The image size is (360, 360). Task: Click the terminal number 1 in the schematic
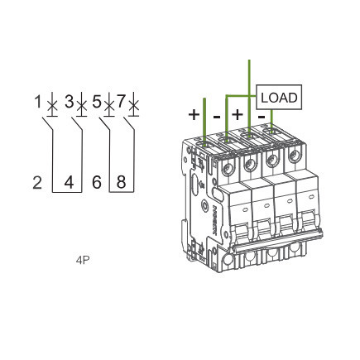(x=38, y=101)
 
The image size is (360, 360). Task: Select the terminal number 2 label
(x=37, y=183)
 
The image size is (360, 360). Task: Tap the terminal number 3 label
(x=70, y=101)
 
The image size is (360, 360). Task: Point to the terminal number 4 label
(x=69, y=183)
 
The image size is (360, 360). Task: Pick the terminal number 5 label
(x=97, y=101)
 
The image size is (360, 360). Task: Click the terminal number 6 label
(x=97, y=183)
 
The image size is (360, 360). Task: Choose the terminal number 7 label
(x=122, y=101)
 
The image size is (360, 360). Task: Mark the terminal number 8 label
(x=122, y=182)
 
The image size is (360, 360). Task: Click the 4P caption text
(x=83, y=261)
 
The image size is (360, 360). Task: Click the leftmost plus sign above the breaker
(x=194, y=114)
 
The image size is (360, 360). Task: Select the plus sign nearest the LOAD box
(x=238, y=114)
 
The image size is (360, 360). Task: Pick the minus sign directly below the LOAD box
(x=262, y=117)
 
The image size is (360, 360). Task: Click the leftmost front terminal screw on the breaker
(x=228, y=168)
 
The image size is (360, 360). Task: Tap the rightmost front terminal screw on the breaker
(x=294, y=155)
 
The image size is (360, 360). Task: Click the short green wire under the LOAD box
(x=271, y=121)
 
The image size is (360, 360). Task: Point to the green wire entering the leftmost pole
(x=204, y=122)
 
